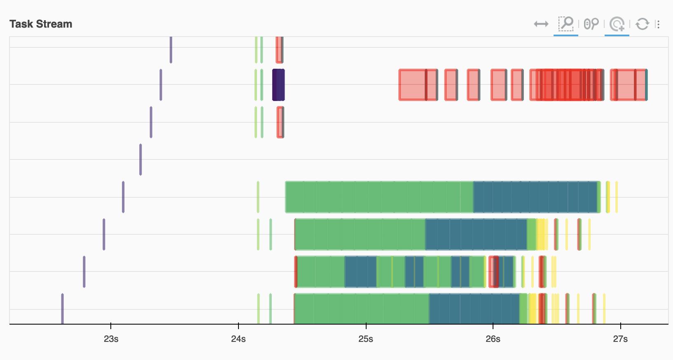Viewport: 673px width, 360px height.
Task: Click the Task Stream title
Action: pyautogui.click(x=41, y=24)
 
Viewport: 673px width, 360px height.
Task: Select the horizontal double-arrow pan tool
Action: pyautogui.click(x=541, y=24)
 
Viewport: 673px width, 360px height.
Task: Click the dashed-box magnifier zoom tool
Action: pyautogui.click(x=566, y=23)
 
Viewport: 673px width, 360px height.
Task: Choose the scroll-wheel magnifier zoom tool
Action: pyautogui.click(x=591, y=24)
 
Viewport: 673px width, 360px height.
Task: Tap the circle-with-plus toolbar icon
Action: pyautogui.click(x=617, y=24)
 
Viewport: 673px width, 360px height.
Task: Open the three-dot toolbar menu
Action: pyautogui.click(x=658, y=24)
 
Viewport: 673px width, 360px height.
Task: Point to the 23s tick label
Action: pyautogui.click(x=111, y=339)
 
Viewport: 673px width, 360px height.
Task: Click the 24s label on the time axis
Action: pyautogui.click(x=238, y=339)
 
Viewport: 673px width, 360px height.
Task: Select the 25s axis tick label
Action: pyautogui.click(x=366, y=339)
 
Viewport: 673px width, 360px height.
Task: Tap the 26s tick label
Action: pyautogui.click(x=493, y=339)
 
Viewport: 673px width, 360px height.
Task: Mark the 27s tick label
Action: pyautogui.click(x=620, y=339)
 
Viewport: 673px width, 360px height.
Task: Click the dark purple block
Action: pyautogui.click(x=278, y=85)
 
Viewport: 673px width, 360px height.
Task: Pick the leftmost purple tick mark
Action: pyautogui.click(x=63, y=309)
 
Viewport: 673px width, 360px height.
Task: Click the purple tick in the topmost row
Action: pyautogui.click(x=171, y=49)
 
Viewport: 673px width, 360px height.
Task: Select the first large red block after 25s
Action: pyautogui.click(x=412, y=85)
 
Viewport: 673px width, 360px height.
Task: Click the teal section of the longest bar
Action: pyautogui.click(x=535, y=197)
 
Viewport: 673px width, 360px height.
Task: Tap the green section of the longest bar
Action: pyautogui.click(x=379, y=197)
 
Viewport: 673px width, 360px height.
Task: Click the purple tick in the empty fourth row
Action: pyautogui.click(x=140, y=159)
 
